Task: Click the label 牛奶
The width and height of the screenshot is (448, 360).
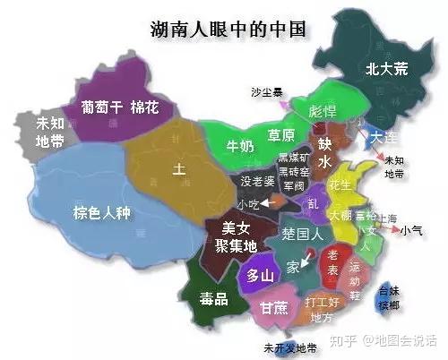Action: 240,145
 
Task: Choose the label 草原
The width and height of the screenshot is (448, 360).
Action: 281,136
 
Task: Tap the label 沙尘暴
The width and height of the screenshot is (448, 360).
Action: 267,90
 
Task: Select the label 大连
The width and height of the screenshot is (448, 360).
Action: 385,137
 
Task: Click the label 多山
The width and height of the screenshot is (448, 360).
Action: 260,274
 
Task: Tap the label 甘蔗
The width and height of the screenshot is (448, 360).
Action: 274,307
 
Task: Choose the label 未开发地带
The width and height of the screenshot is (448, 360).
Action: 289,347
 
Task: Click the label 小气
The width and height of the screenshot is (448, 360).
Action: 412,230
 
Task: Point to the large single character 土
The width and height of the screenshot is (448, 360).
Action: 179,167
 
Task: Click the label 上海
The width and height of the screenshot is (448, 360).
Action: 387,218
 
